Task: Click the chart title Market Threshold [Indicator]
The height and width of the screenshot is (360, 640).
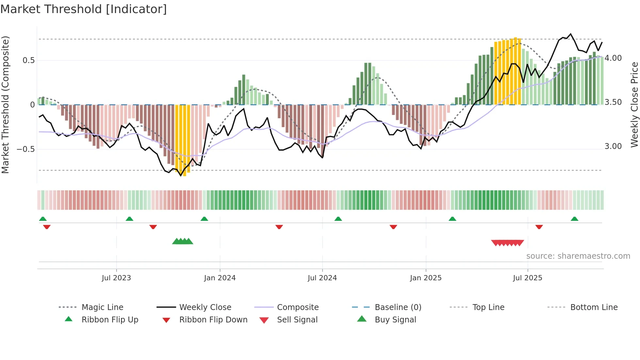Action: [84, 9]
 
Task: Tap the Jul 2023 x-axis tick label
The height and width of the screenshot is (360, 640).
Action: [116, 278]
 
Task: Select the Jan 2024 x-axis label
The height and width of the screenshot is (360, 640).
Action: [220, 278]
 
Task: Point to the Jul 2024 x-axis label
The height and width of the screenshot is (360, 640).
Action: [322, 278]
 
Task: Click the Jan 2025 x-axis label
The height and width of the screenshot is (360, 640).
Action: [425, 278]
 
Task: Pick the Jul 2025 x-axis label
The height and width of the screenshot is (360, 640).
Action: [527, 278]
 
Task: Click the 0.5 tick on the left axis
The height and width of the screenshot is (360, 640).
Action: [28, 60]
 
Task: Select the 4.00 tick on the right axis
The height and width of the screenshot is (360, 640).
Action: [613, 58]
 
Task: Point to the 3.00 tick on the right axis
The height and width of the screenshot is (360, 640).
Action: [613, 146]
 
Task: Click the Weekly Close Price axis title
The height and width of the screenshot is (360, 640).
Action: [634, 105]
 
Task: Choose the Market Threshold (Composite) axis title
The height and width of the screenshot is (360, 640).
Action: [5, 105]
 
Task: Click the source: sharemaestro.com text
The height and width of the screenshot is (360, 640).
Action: [578, 256]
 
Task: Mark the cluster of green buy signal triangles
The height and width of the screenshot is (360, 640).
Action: [183, 241]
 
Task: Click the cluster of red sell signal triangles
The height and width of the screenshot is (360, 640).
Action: [507, 243]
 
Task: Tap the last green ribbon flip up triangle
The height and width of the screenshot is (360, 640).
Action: [574, 219]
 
